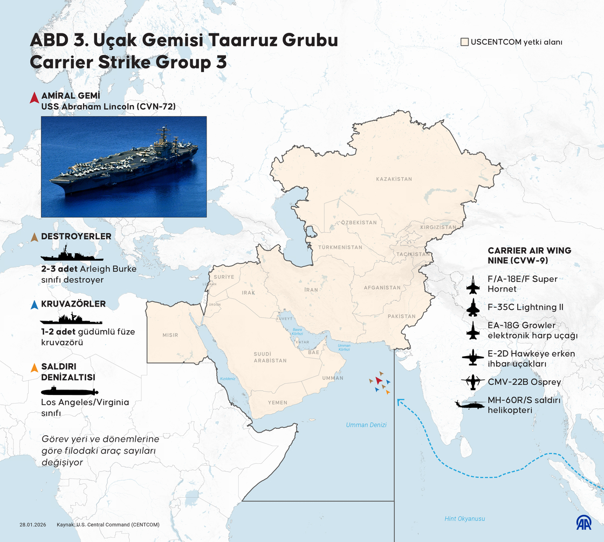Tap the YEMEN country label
278,402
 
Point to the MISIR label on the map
170,335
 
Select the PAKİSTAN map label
402,316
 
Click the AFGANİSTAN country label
382,288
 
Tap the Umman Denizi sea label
366,425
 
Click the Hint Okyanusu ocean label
465,518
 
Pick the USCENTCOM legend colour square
464,41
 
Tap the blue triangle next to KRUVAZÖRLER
34,304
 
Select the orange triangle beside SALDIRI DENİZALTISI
34,368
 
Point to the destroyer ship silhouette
72,254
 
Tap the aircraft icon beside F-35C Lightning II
473,308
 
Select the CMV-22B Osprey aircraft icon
473,382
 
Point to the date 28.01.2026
33,524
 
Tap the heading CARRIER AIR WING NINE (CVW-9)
529,255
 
